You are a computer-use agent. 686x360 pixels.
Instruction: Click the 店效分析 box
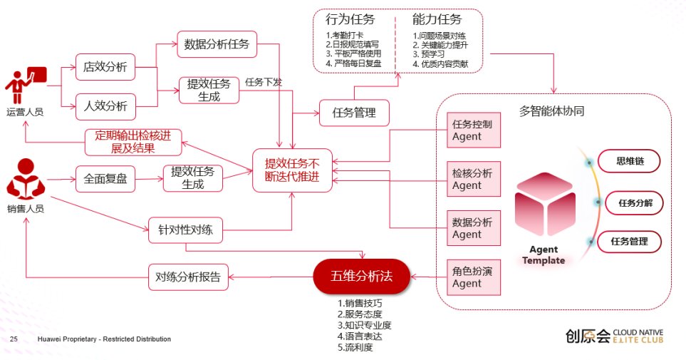105,67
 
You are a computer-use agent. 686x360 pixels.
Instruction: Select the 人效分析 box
105,106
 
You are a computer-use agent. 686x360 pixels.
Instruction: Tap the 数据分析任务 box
217,44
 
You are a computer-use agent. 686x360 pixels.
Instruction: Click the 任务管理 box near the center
354,113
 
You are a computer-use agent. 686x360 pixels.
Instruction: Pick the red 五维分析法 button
361,277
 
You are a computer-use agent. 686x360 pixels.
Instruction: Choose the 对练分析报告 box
188,277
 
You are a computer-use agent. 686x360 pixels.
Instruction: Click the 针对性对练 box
185,230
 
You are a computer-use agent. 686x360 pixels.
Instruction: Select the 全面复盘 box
105,179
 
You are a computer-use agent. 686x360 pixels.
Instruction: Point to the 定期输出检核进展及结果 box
133,142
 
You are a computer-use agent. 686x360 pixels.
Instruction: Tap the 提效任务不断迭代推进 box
292,170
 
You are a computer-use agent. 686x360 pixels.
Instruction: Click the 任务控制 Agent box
474,130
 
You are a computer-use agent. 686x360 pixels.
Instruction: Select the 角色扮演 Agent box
474,277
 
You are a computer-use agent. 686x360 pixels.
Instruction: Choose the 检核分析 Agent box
474,179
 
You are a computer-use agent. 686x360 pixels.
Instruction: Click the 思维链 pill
629,161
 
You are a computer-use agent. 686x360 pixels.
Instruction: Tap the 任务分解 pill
635,202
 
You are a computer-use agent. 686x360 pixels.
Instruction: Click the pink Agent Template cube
545,204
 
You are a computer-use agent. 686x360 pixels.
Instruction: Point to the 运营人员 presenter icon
26,86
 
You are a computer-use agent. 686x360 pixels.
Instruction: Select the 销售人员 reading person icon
26,179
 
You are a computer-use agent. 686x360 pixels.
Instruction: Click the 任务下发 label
264,82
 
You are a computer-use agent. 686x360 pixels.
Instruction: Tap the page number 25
14,339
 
